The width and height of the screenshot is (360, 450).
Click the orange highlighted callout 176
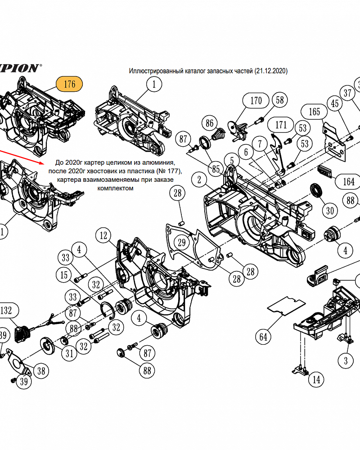click(69, 84)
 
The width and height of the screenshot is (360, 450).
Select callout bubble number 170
click(256, 100)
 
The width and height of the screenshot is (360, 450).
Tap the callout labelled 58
click(280, 100)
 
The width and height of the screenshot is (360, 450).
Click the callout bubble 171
click(281, 124)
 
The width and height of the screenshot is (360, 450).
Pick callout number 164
click(349, 182)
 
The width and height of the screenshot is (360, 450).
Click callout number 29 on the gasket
click(181, 243)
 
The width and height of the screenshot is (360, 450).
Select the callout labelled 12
click(104, 235)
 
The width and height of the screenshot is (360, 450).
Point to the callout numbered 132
click(9, 310)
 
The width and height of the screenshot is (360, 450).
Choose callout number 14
click(316, 379)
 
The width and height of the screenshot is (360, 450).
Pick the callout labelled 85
click(216, 170)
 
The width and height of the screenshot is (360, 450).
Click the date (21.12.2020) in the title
click(271, 71)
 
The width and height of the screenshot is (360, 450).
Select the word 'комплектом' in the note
click(115, 188)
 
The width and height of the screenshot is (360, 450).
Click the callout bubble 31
click(69, 354)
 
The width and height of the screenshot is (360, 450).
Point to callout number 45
click(335, 104)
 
